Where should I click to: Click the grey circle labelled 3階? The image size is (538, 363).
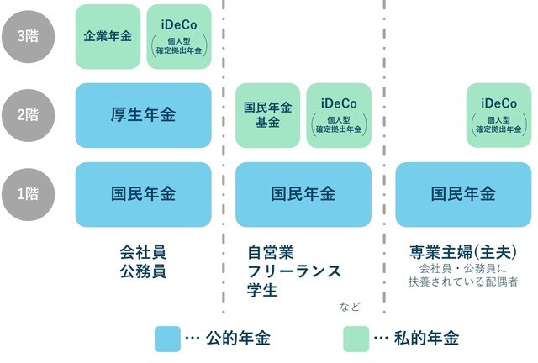coord(27,36)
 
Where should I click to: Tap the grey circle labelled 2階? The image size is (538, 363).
coord(27,115)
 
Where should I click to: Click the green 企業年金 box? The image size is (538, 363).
coord(108,36)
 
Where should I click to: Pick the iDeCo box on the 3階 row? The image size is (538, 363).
coord(177,36)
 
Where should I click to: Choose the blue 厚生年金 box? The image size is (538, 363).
coord(143,115)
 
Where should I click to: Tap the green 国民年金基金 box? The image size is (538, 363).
coord(267,115)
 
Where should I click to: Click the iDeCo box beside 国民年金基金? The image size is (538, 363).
coord(339,115)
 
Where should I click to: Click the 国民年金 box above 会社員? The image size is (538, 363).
coord(143,194)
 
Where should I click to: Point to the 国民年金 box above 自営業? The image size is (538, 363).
coord(303,194)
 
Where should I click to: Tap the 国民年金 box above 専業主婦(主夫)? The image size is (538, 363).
coord(463,194)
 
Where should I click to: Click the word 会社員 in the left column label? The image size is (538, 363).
coord(143,251)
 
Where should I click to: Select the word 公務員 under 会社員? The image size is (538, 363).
coord(143,271)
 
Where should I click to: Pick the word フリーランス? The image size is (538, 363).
coord(294,271)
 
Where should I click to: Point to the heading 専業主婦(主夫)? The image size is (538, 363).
coord(463,251)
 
